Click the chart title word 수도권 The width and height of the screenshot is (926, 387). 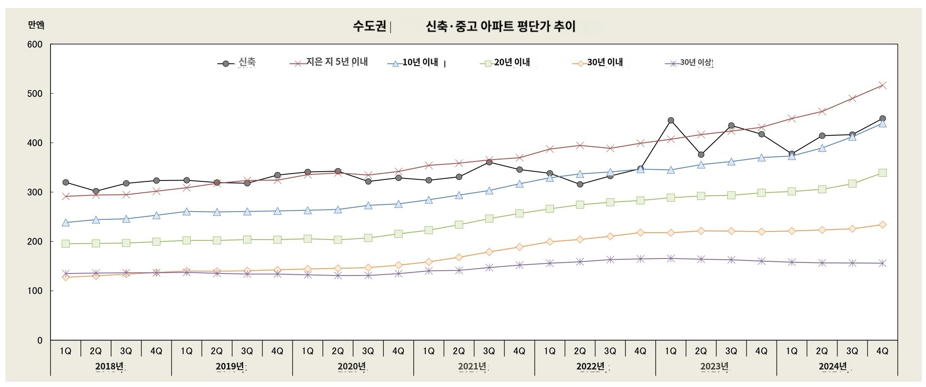pyautogui.click(x=369, y=26)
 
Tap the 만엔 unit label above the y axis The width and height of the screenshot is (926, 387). pyautogui.click(x=36, y=25)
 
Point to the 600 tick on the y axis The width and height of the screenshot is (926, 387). pyautogui.click(x=35, y=44)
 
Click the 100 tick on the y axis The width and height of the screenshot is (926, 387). pyautogui.click(x=35, y=291)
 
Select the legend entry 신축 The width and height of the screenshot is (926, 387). pyautogui.click(x=247, y=62)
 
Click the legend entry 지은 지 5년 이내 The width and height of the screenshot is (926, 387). pyautogui.click(x=337, y=62)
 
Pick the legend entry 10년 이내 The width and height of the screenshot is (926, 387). pyautogui.click(x=420, y=62)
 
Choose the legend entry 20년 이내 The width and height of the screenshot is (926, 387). pyautogui.click(x=512, y=62)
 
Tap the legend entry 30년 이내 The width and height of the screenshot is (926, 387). pyautogui.click(x=605, y=62)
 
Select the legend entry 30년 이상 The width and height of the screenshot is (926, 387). pyautogui.click(x=696, y=62)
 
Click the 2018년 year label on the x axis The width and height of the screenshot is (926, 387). pyautogui.click(x=109, y=366)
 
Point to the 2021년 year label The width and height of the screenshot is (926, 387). pyautogui.click(x=472, y=366)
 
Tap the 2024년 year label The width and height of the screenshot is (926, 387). pyautogui.click(x=833, y=366)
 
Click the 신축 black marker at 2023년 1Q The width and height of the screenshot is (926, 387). pyautogui.click(x=671, y=120)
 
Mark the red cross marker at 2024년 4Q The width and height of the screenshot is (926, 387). pyautogui.click(x=882, y=85)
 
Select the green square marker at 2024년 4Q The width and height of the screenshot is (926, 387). pyautogui.click(x=882, y=173)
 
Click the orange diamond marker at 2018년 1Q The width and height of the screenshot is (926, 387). pyautogui.click(x=65, y=277)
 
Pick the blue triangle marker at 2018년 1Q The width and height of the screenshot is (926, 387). pyautogui.click(x=65, y=223)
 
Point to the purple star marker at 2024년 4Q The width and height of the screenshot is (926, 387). pyautogui.click(x=882, y=263)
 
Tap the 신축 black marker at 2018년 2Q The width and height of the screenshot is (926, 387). pyautogui.click(x=96, y=191)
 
